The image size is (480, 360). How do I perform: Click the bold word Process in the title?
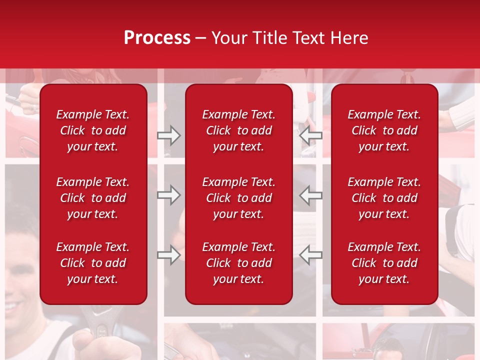click(x=157, y=38)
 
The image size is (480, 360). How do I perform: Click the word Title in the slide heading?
click(x=268, y=38)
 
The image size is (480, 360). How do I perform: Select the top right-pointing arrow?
click(x=169, y=135)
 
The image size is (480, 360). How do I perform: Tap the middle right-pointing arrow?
click(x=169, y=195)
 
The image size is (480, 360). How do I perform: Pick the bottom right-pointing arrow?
click(x=169, y=255)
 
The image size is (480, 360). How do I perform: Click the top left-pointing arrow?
click(x=310, y=135)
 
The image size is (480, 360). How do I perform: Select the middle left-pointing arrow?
click(x=310, y=195)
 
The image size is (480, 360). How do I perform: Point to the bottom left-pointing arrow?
click(x=310, y=255)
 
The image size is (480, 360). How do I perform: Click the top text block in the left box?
click(x=93, y=130)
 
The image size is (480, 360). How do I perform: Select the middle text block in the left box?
click(x=93, y=198)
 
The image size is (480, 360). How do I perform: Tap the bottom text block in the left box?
click(x=93, y=263)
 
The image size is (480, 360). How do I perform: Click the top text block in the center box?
click(x=238, y=130)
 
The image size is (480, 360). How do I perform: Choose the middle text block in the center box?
click(x=238, y=198)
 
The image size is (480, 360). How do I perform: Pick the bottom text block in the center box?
click(x=238, y=263)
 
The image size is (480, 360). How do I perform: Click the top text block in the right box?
click(x=384, y=130)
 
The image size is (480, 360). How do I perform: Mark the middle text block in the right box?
click(x=384, y=198)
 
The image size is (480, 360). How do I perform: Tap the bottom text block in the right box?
click(x=384, y=263)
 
